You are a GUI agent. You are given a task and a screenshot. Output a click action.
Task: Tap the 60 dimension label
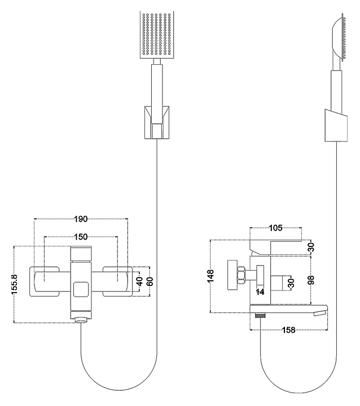coord(150,280)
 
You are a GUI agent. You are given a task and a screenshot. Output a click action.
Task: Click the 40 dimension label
coord(138,280)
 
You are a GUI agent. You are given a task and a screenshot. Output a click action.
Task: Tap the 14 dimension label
coord(261,292)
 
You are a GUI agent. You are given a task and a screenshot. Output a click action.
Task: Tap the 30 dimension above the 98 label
coord(311,246)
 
